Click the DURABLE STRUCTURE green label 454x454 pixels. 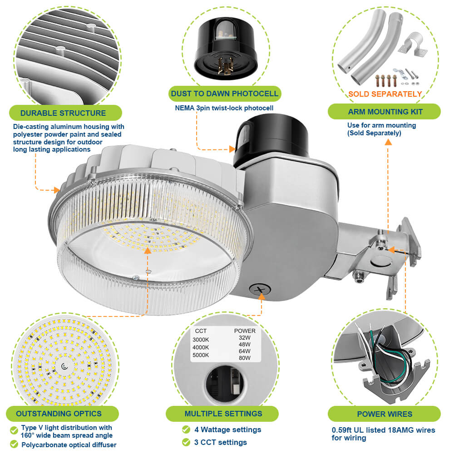(63, 113)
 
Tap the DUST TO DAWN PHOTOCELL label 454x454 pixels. (224, 94)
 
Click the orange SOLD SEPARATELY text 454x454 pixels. (385, 94)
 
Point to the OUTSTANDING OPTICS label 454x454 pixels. (59, 414)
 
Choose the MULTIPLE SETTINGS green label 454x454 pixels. (223, 414)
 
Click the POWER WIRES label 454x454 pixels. (385, 414)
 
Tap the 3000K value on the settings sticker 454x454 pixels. (202, 340)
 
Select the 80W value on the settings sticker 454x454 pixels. (244, 358)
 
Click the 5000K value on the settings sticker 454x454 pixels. (202, 355)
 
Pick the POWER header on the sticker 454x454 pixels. (245, 331)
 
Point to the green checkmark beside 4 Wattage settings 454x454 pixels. (186, 429)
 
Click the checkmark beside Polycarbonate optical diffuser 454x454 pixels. (14, 445)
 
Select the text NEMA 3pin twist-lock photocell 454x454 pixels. (224, 108)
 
